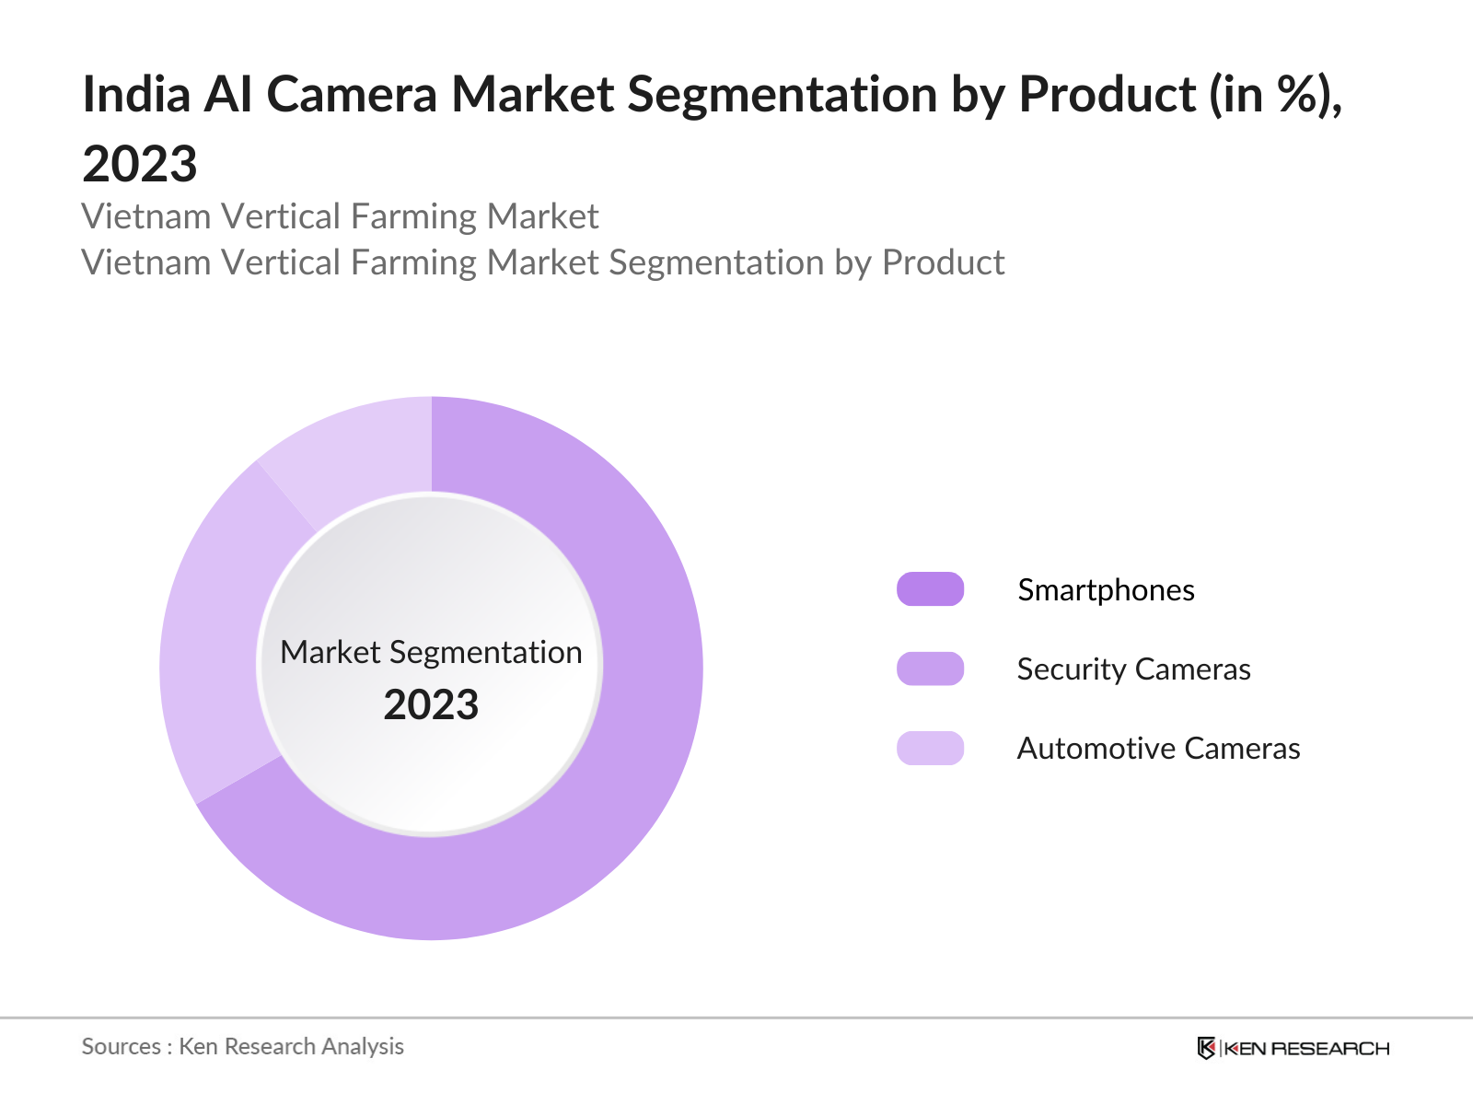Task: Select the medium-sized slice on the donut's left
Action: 216,635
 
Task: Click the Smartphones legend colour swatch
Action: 930,589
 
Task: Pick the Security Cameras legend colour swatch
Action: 930,669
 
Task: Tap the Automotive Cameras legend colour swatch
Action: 930,748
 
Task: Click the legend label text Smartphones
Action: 1106,589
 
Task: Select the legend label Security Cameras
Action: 1133,669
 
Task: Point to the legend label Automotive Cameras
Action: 1158,748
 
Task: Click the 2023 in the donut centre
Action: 431,704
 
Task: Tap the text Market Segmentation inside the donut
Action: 431,652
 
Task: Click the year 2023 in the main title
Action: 140,164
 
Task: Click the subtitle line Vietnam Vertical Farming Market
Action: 340,216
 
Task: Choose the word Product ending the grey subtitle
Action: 943,262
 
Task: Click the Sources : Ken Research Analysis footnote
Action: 242,1046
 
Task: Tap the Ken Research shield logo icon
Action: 1206,1048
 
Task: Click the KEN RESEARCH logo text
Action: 1306,1048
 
